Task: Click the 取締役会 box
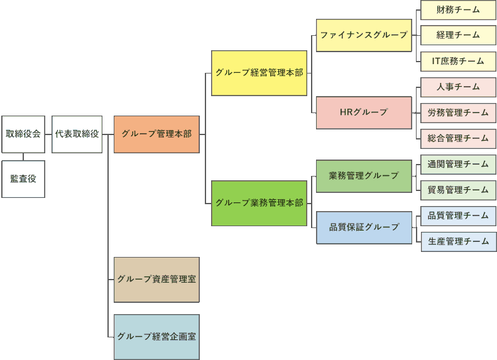tap(23, 134)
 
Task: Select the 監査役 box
tap(23, 179)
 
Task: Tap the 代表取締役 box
tap(77, 134)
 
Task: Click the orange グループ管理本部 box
tap(156, 134)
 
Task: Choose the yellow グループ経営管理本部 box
tap(259, 73)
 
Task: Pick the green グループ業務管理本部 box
tap(259, 203)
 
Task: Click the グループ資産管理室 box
tap(156, 279)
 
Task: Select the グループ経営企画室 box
tap(156, 337)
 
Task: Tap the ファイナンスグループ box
tap(364, 35)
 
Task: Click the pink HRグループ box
tap(364, 112)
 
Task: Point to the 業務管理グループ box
tap(364, 176)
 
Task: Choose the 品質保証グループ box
tap(364, 227)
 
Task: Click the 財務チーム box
tap(458, 10)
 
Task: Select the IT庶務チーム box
tap(458, 62)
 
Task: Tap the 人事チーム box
tap(458, 87)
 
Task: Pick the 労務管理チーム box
tap(458, 113)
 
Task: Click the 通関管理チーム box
tap(458, 165)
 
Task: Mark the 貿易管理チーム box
tap(458, 190)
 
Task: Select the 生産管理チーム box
tap(458, 241)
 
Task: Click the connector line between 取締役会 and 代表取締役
tap(48, 134)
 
